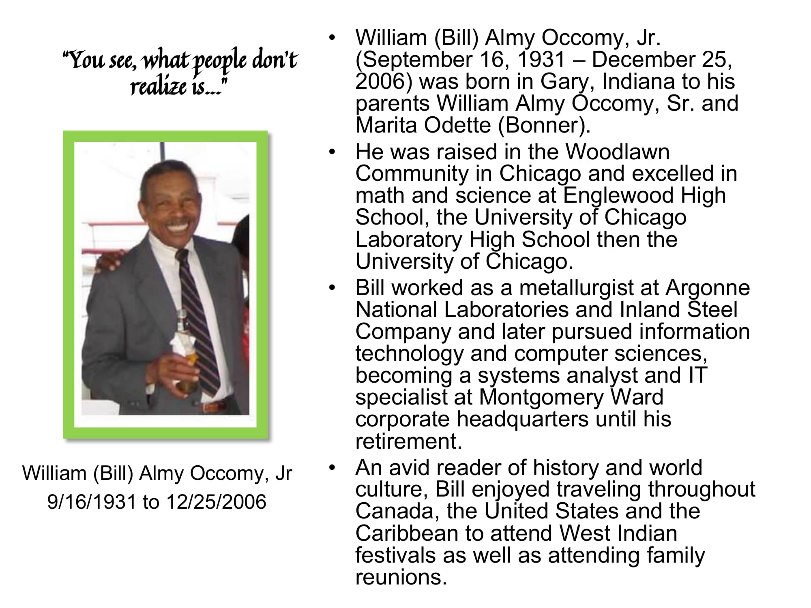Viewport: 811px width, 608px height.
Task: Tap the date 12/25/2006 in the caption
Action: [x=216, y=502]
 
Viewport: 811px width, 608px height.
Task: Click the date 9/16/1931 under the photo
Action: [x=92, y=502]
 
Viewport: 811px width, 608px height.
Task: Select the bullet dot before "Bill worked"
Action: [x=333, y=289]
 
